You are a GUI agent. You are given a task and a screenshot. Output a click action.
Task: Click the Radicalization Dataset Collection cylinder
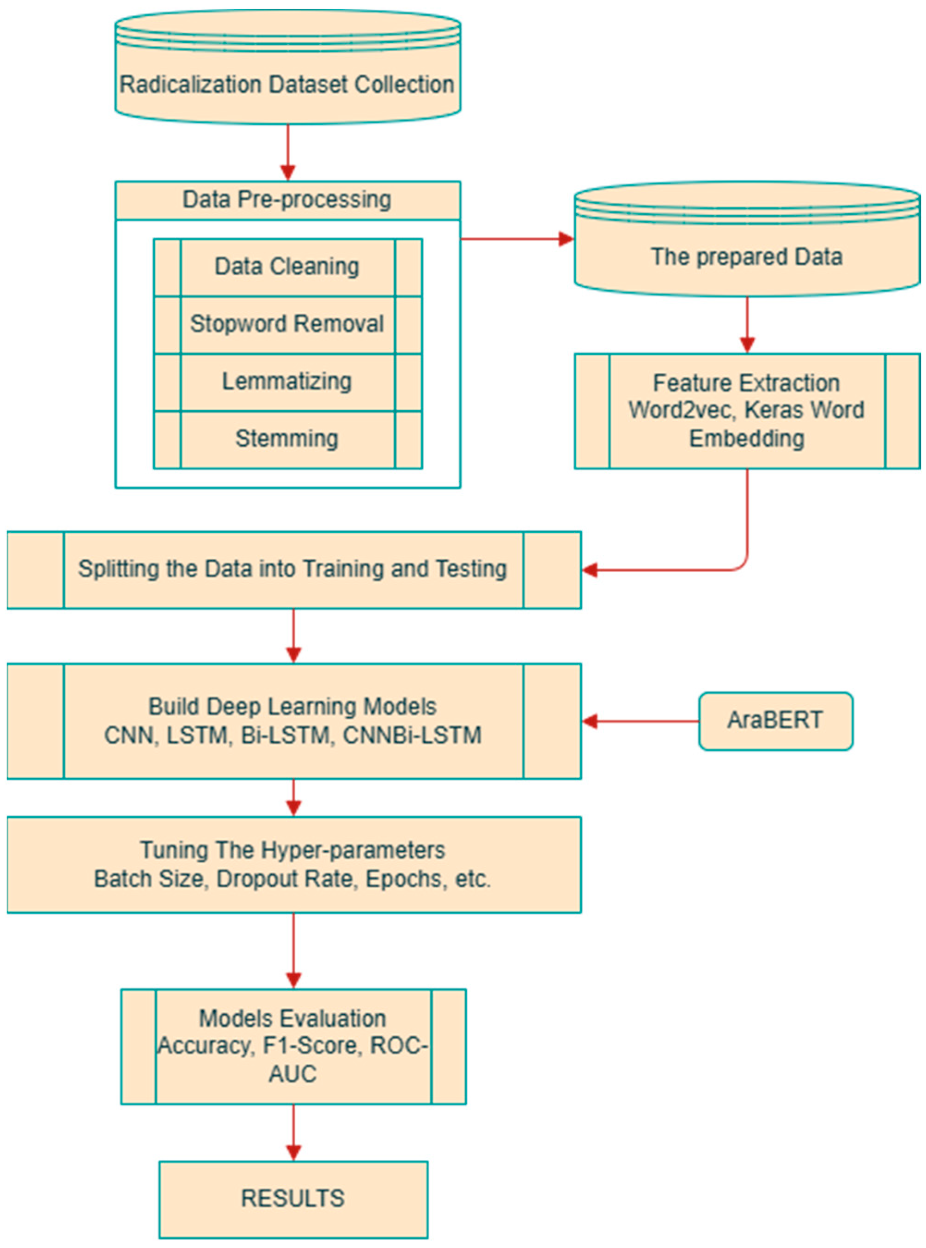pyautogui.click(x=287, y=84)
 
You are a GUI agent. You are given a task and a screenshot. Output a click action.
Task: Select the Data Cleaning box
pyautogui.click(x=287, y=267)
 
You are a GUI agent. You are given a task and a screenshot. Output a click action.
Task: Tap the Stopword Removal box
pyautogui.click(x=287, y=324)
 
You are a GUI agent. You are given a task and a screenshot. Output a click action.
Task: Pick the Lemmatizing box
pyautogui.click(x=287, y=382)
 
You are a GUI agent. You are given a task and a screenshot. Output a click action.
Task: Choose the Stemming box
pyautogui.click(x=287, y=439)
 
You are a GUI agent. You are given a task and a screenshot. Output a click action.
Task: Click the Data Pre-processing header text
pyautogui.click(x=287, y=200)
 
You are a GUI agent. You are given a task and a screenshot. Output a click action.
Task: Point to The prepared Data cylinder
pyautogui.click(x=747, y=256)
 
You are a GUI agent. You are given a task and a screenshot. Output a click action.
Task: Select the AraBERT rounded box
pyautogui.click(x=775, y=721)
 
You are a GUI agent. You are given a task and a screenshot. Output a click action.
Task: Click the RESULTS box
pyautogui.click(x=293, y=1199)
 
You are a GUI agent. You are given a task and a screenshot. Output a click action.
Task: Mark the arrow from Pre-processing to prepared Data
pyautogui.click(x=516, y=239)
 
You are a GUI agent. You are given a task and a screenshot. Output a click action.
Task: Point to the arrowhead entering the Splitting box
pyautogui.click(x=590, y=570)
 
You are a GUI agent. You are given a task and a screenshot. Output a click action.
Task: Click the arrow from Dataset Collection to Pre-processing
pyautogui.click(x=287, y=151)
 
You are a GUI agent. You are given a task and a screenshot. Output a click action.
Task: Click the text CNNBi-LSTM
pyautogui.click(x=412, y=735)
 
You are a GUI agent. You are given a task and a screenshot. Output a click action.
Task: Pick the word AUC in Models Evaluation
pyautogui.click(x=292, y=1074)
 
